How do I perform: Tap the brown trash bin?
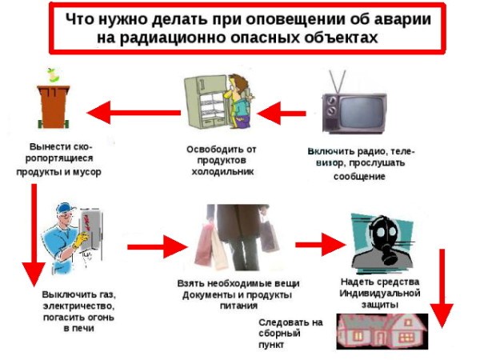pos(54,106)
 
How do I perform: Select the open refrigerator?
pos(208,102)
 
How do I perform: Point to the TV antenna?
pos(338,82)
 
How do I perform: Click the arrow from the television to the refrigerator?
pos(282,114)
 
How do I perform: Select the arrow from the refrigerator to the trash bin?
pos(134,113)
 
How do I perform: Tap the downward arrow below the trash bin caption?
pos(34,235)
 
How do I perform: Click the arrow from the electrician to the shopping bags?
pos(157,246)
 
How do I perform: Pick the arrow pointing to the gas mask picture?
pos(320,245)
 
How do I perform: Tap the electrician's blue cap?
pos(66,208)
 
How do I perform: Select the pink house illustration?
pos(382,331)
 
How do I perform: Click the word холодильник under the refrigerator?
pos(222,171)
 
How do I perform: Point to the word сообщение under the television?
pos(359,177)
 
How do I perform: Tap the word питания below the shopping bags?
pos(238,306)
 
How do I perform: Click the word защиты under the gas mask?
pos(380,305)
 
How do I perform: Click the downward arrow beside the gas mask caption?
pos(442,289)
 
